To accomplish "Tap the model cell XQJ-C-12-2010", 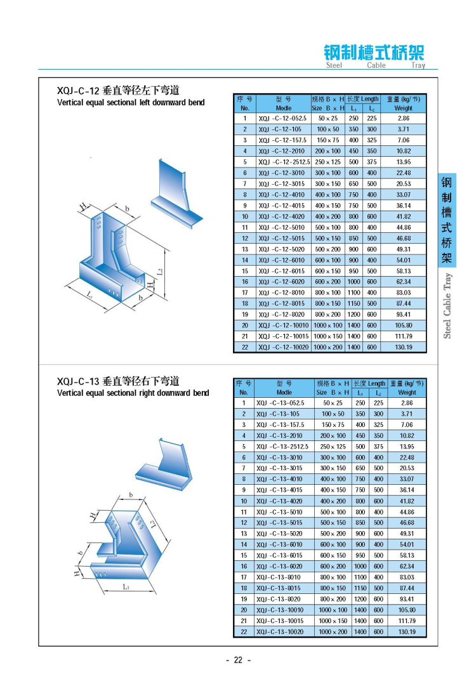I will (280, 151).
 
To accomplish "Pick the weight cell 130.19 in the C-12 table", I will (404, 347).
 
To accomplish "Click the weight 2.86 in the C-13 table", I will (407, 403).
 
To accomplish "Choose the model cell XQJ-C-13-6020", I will (280, 566).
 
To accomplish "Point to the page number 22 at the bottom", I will (239, 660).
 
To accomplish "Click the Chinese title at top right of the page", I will (374, 52).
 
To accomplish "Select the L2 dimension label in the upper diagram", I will (160, 272).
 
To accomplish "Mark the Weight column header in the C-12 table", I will (404, 108).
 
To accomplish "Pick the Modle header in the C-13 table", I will (284, 393).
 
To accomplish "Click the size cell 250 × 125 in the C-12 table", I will (328, 162).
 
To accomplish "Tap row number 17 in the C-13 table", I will (243, 577).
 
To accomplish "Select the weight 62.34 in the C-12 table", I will (404, 282).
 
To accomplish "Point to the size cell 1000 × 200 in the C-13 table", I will (333, 632).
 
